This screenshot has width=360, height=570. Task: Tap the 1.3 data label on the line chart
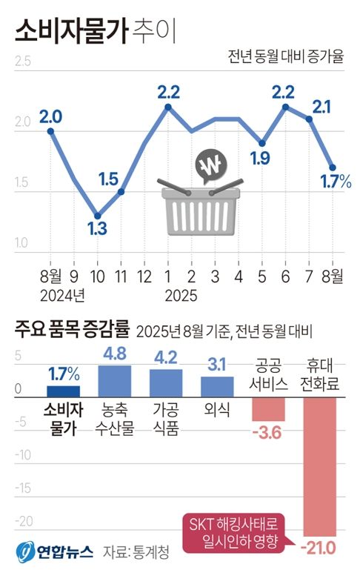pyautogui.click(x=97, y=229)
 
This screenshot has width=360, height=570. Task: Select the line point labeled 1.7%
pyautogui.click(x=333, y=168)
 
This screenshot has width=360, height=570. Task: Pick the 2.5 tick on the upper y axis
pyautogui.click(x=22, y=62)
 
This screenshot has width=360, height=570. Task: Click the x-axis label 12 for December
pyautogui.click(x=145, y=276)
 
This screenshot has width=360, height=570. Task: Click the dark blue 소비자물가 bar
pyautogui.click(x=63, y=392)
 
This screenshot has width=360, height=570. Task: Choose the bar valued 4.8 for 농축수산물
pyautogui.click(x=114, y=382)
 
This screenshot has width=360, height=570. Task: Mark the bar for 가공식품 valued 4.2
pyautogui.click(x=165, y=384)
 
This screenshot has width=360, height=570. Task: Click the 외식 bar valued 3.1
pyautogui.click(x=217, y=387)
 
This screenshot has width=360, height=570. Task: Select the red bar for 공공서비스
pyautogui.click(x=268, y=410)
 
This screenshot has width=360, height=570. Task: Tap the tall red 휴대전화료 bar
pyautogui.click(x=320, y=467)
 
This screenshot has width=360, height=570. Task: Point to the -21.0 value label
pyautogui.click(x=319, y=547)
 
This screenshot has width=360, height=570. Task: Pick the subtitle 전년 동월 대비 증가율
pyautogui.click(x=287, y=56)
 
